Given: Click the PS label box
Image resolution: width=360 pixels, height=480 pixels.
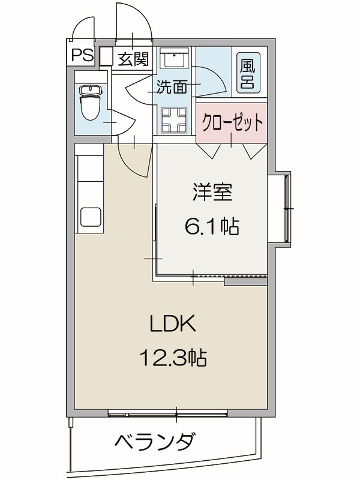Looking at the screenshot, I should [x=83, y=56].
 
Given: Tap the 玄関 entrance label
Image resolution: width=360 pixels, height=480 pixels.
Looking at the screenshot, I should [x=131, y=59].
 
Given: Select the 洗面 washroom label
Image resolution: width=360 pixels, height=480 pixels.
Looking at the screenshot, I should [x=171, y=87].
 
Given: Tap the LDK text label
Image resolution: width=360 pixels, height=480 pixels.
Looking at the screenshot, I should [x=171, y=325].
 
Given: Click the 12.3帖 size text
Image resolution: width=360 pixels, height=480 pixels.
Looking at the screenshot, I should [x=173, y=358].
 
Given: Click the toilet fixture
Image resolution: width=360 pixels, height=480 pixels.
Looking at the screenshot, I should [x=91, y=102].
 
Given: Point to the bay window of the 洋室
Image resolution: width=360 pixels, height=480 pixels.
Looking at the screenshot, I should [x=287, y=208].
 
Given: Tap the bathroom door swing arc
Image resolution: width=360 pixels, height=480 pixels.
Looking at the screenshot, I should [x=214, y=82].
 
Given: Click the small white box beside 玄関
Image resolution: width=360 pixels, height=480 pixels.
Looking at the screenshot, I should [x=106, y=57].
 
